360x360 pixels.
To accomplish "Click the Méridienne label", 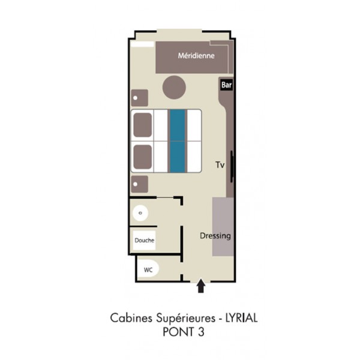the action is [x=196, y=56].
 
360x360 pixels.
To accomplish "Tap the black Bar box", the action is [x=226, y=85].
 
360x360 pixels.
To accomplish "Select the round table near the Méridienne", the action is [x=174, y=87].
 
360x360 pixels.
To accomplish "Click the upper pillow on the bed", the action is [x=143, y=125].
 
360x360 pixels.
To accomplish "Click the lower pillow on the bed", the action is [x=143, y=157].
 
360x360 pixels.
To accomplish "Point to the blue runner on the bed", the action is [x=178, y=141].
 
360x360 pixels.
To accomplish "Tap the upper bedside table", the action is [x=139, y=98].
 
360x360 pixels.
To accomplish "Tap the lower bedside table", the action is [x=139, y=184].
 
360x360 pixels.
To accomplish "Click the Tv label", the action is [x=220, y=165].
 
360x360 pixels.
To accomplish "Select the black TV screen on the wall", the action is [x=232, y=166].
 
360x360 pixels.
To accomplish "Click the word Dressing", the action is [x=215, y=236].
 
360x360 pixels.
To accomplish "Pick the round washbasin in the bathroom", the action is [x=140, y=213].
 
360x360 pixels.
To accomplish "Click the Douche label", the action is [x=144, y=241].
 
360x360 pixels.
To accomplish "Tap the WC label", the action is [x=148, y=270].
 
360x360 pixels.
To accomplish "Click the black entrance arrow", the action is [x=201, y=286].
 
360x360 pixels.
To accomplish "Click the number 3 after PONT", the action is [x=200, y=332].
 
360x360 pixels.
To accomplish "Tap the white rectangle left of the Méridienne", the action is [x=142, y=44].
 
